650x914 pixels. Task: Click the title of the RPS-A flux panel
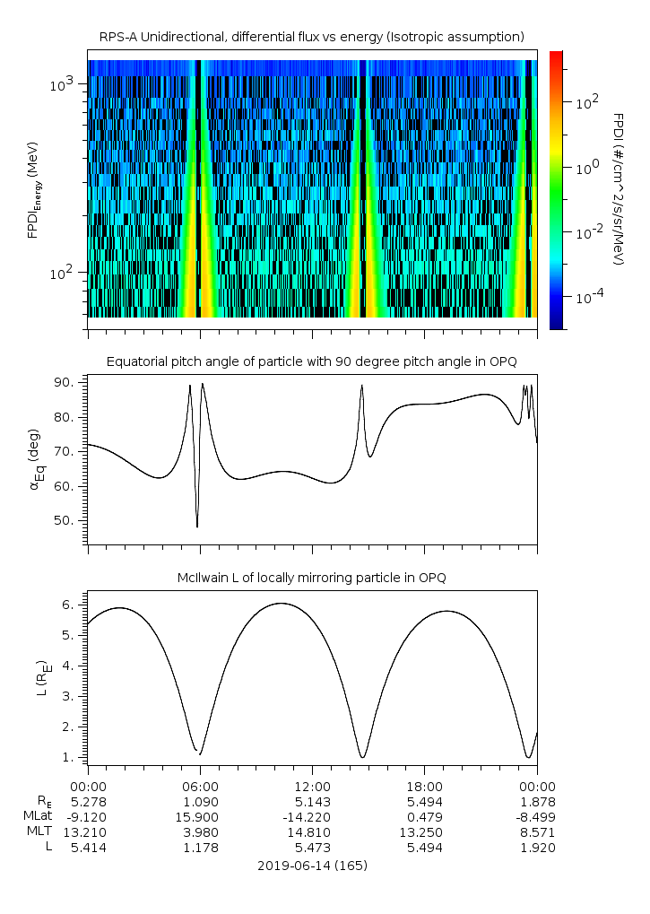click(312, 37)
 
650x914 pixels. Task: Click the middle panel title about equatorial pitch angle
click(312, 361)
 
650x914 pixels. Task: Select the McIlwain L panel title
click(312, 577)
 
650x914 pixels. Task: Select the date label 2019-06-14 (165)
click(312, 866)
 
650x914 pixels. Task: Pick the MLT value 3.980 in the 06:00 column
click(200, 831)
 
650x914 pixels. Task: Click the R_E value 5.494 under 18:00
click(424, 801)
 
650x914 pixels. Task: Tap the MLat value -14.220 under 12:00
click(312, 816)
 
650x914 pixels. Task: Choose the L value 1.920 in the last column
click(537, 848)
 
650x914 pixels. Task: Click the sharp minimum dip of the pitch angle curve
click(197, 526)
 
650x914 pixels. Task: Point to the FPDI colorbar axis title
click(618, 189)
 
